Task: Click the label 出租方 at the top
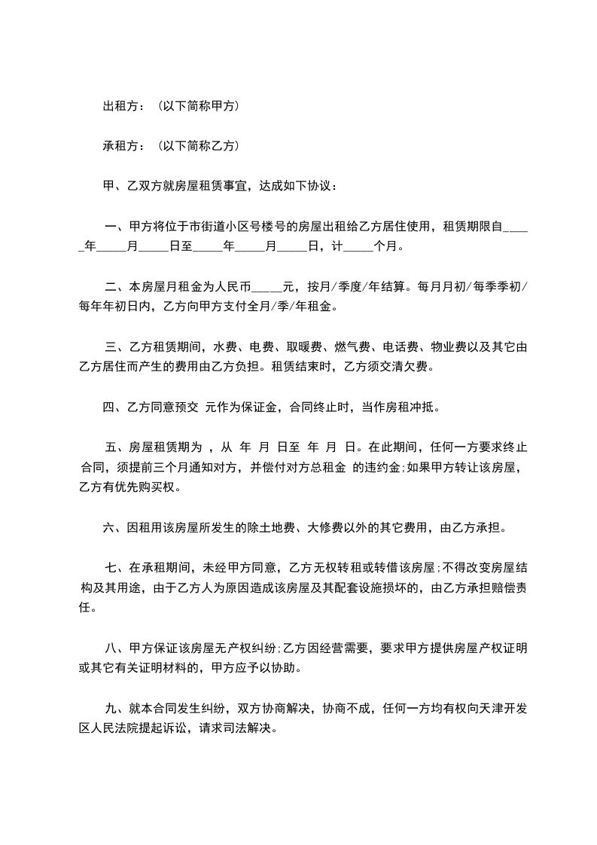click(x=120, y=107)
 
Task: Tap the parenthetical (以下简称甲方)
click(x=200, y=107)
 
